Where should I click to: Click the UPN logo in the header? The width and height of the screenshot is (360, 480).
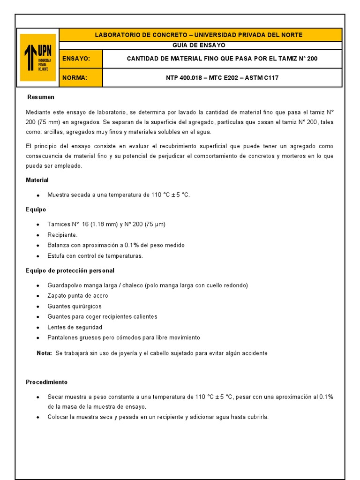pyautogui.click(x=38, y=57)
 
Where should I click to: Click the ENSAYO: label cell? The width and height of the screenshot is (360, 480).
pyautogui.click(x=81, y=59)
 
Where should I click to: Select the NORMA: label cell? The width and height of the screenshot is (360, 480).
pyautogui.click(x=81, y=78)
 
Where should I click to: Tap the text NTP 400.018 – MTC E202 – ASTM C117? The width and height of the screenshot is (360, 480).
pyautogui.click(x=222, y=78)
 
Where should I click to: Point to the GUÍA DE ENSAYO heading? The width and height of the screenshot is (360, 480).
pyautogui.click(x=201, y=45)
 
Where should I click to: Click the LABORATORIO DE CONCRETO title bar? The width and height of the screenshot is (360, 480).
pyautogui.click(x=201, y=35)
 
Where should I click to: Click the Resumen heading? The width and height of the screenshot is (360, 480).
pyautogui.click(x=41, y=97)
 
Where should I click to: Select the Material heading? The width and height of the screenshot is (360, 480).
pyautogui.click(x=37, y=180)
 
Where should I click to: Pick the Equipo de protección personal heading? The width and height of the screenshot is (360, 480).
pyautogui.click(x=70, y=271)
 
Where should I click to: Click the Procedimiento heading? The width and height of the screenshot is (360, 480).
pyautogui.click(x=46, y=382)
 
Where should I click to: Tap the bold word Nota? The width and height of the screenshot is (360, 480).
pyautogui.click(x=45, y=353)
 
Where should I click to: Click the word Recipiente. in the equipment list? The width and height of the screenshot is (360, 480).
pyautogui.click(x=62, y=235)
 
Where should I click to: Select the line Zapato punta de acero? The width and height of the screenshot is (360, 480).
pyautogui.click(x=78, y=296)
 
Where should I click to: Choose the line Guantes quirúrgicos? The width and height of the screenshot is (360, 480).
pyautogui.click(x=75, y=306)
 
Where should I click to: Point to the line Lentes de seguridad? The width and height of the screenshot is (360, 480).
pyautogui.click(x=75, y=327)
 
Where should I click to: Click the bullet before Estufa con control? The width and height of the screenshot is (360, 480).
pyautogui.click(x=37, y=256)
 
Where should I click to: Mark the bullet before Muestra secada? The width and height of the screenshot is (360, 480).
pyautogui.click(x=37, y=195)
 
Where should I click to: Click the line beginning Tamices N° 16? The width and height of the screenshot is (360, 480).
pyautogui.click(x=106, y=224)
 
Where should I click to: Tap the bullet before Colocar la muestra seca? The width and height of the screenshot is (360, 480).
pyautogui.click(x=37, y=417)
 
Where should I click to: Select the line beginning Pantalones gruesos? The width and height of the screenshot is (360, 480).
pyautogui.click(x=124, y=337)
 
